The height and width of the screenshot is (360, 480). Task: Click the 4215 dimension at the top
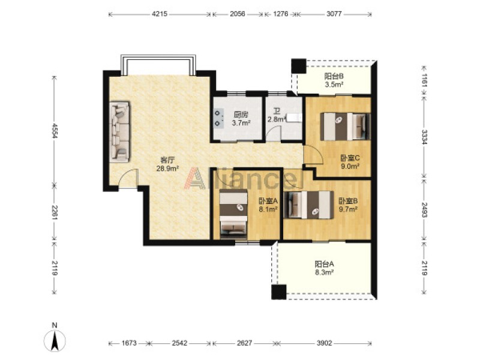pyautogui.click(x=160, y=14)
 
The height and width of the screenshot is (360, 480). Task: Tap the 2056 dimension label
pyautogui.click(x=237, y=14)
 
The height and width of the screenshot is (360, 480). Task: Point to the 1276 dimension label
pyautogui.click(x=280, y=14)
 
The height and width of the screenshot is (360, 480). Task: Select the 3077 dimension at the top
pyautogui.click(x=334, y=14)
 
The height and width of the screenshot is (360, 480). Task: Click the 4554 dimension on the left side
pyautogui.click(x=55, y=131)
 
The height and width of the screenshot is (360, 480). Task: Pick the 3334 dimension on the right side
pyautogui.click(x=424, y=137)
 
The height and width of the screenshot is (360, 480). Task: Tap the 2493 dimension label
pyautogui.click(x=424, y=209)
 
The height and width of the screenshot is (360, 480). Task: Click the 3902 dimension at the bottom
pyautogui.click(x=324, y=343)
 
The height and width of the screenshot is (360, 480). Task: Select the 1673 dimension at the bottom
pyautogui.click(x=129, y=343)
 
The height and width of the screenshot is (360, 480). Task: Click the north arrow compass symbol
pyautogui.click(x=55, y=340)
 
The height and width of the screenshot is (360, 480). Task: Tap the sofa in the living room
pyautogui.click(x=119, y=132)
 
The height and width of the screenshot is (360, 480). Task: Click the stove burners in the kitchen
pyautogui.click(x=218, y=118)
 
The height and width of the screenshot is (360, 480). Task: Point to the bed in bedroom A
pyautogui.click(x=233, y=214)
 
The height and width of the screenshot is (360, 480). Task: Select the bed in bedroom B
pyautogui.click(x=308, y=205)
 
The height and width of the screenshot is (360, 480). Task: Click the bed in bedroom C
pyautogui.click(x=346, y=127)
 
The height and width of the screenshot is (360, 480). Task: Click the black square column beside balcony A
pyautogui.click(x=279, y=292)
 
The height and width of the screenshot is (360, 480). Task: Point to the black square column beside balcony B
pyautogui.click(x=298, y=66)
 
